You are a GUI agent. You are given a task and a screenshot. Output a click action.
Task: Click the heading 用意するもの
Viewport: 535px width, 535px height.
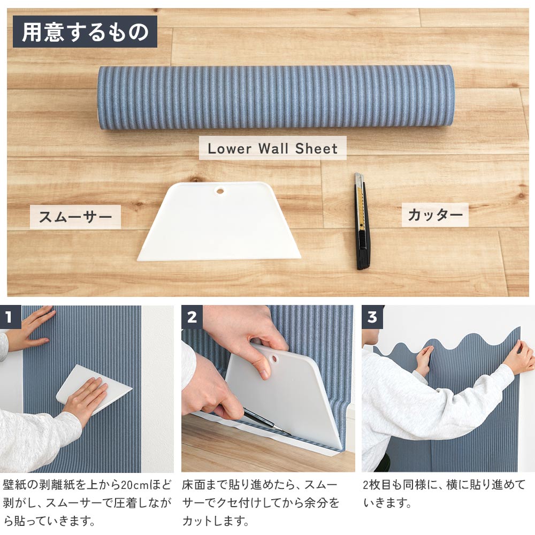[85, 32]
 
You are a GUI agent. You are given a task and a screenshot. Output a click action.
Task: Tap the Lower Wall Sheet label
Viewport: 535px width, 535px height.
[272, 148]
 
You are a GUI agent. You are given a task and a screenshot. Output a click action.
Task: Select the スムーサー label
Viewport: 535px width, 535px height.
[75, 217]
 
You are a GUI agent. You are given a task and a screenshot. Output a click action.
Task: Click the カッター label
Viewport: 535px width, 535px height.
[435, 215]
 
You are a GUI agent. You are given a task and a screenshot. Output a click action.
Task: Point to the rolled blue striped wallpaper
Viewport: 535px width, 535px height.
[276, 97]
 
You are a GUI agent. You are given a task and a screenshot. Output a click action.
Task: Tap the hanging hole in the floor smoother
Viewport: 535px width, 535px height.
[219, 190]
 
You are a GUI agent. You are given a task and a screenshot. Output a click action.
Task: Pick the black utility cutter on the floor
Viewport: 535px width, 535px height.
[362, 220]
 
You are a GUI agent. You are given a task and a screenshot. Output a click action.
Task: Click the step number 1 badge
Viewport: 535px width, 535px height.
[9, 317]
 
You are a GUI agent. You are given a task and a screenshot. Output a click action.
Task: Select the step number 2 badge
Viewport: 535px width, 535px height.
[192, 317]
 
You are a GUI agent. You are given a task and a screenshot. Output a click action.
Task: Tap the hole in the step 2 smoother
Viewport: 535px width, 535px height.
[274, 357]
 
